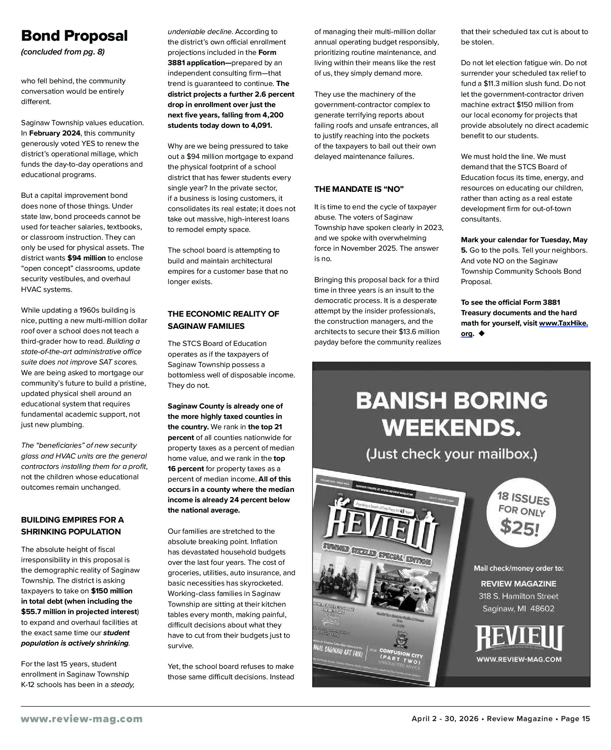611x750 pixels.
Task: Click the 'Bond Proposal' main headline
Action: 74,36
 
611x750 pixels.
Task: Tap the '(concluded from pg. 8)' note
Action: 63,52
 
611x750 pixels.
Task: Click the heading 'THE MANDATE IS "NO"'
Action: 359,189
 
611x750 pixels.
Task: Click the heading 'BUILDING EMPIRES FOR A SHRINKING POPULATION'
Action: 72,526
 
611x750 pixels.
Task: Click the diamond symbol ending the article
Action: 481,333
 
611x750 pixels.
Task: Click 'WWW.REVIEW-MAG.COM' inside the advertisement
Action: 518,659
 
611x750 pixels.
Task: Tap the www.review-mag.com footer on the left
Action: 82,719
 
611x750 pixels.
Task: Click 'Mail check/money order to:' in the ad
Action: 518,568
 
